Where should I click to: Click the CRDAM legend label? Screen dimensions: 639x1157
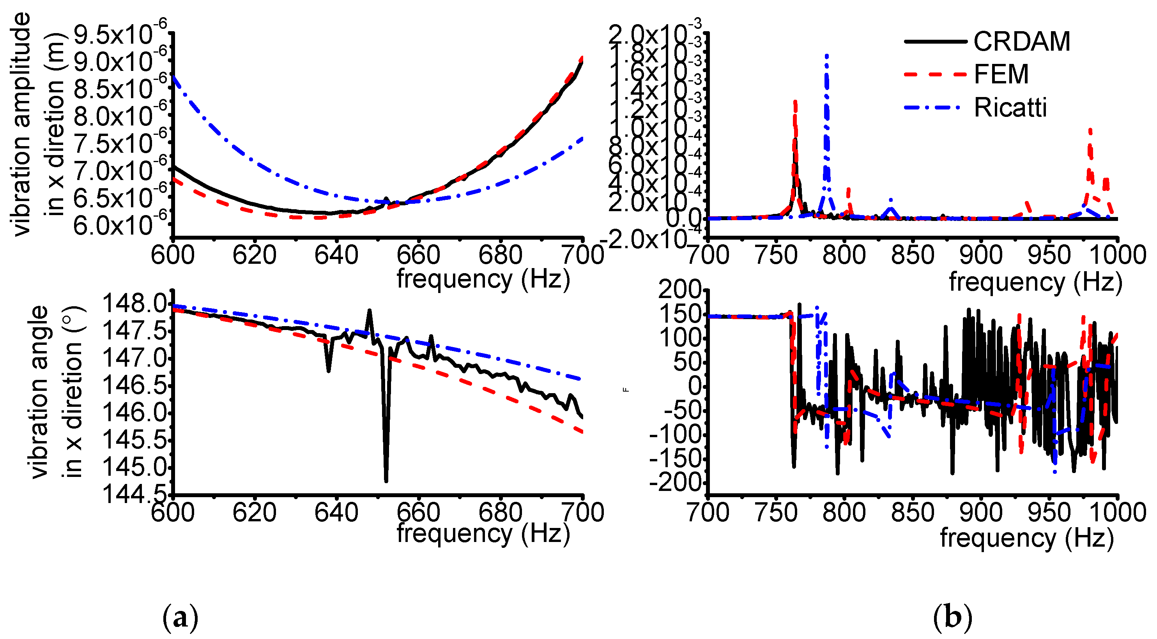(1022, 42)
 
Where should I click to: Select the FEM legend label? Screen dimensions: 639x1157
(1001, 74)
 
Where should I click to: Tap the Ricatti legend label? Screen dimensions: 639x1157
(1010, 108)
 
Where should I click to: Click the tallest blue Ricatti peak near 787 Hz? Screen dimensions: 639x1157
(826, 56)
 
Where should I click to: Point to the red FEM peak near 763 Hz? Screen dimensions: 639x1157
(795, 102)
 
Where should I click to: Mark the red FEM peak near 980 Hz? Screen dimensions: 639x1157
(1090, 130)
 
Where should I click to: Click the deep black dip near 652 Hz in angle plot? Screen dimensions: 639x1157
(386, 480)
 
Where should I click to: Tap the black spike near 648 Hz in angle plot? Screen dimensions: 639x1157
(369, 310)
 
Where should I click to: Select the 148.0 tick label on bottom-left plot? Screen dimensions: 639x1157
(135, 304)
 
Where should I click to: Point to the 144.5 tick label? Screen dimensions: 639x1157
(135, 494)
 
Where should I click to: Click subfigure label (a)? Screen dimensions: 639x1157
(180, 618)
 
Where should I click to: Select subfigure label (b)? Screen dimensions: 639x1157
(952, 618)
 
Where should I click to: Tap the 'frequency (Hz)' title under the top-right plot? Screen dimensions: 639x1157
(1035, 282)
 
